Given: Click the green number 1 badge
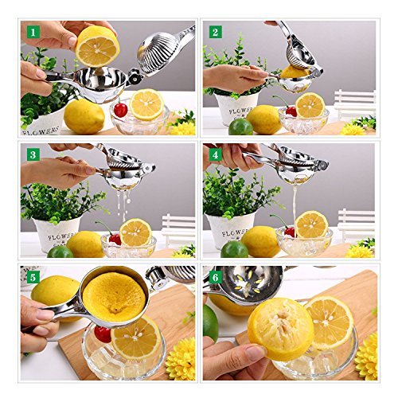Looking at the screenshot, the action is click(x=33, y=32).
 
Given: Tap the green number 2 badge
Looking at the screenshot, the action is click(x=216, y=32).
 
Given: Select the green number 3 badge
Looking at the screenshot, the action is click(x=33, y=154).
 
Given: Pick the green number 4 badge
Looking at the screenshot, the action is click(x=216, y=154).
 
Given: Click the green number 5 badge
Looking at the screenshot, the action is click(x=33, y=277).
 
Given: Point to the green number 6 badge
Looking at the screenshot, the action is click(x=216, y=277).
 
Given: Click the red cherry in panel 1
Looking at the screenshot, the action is click(x=121, y=110).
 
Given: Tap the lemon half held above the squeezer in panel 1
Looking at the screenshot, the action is click(x=97, y=46).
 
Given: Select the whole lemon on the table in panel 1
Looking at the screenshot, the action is click(x=84, y=116).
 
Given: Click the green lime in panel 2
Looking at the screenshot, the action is click(x=240, y=127).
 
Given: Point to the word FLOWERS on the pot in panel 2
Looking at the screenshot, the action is click(x=241, y=111).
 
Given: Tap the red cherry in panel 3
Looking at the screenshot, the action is click(x=115, y=239).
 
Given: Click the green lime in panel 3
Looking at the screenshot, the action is click(x=60, y=252).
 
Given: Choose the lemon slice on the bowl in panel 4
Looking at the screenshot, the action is click(x=311, y=224).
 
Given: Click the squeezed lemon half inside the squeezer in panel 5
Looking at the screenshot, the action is click(x=114, y=297).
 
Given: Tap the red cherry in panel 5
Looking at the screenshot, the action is click(x=103, y=334).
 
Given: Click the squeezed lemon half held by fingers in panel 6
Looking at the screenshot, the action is click(x=281, y=329).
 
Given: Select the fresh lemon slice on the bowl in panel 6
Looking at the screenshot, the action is click(x=329, y=322).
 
